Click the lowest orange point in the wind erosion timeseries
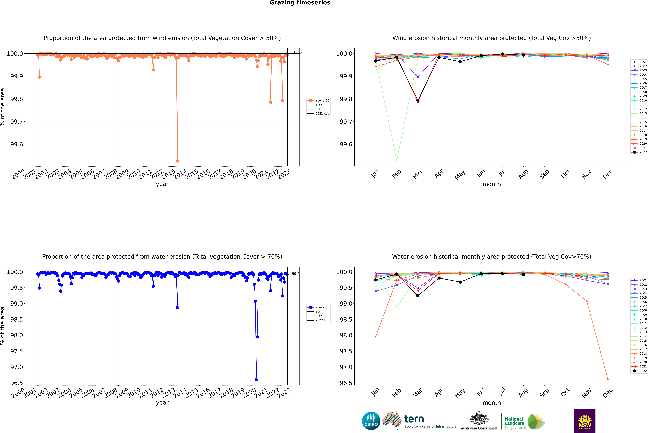(x=177, y=161)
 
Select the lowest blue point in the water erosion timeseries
(x=256, y=379)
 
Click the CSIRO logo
(x=371, y=421)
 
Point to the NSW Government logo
(x=585, y=421)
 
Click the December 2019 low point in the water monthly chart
(x=608, y=379)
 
